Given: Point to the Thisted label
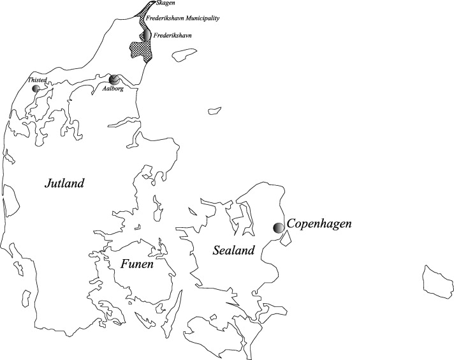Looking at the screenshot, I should click(38, 80).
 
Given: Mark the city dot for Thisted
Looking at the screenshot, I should click(36, 88).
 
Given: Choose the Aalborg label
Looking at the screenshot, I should click(112, 89).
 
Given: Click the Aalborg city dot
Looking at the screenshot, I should click(113, 80).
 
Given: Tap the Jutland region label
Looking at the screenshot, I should click(64, 184).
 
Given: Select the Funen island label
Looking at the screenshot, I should click(135, 263).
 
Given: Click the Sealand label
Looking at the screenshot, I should click(233, 250).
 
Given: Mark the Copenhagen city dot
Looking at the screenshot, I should click(279, 227).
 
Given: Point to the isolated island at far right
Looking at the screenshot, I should click(437, 280).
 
